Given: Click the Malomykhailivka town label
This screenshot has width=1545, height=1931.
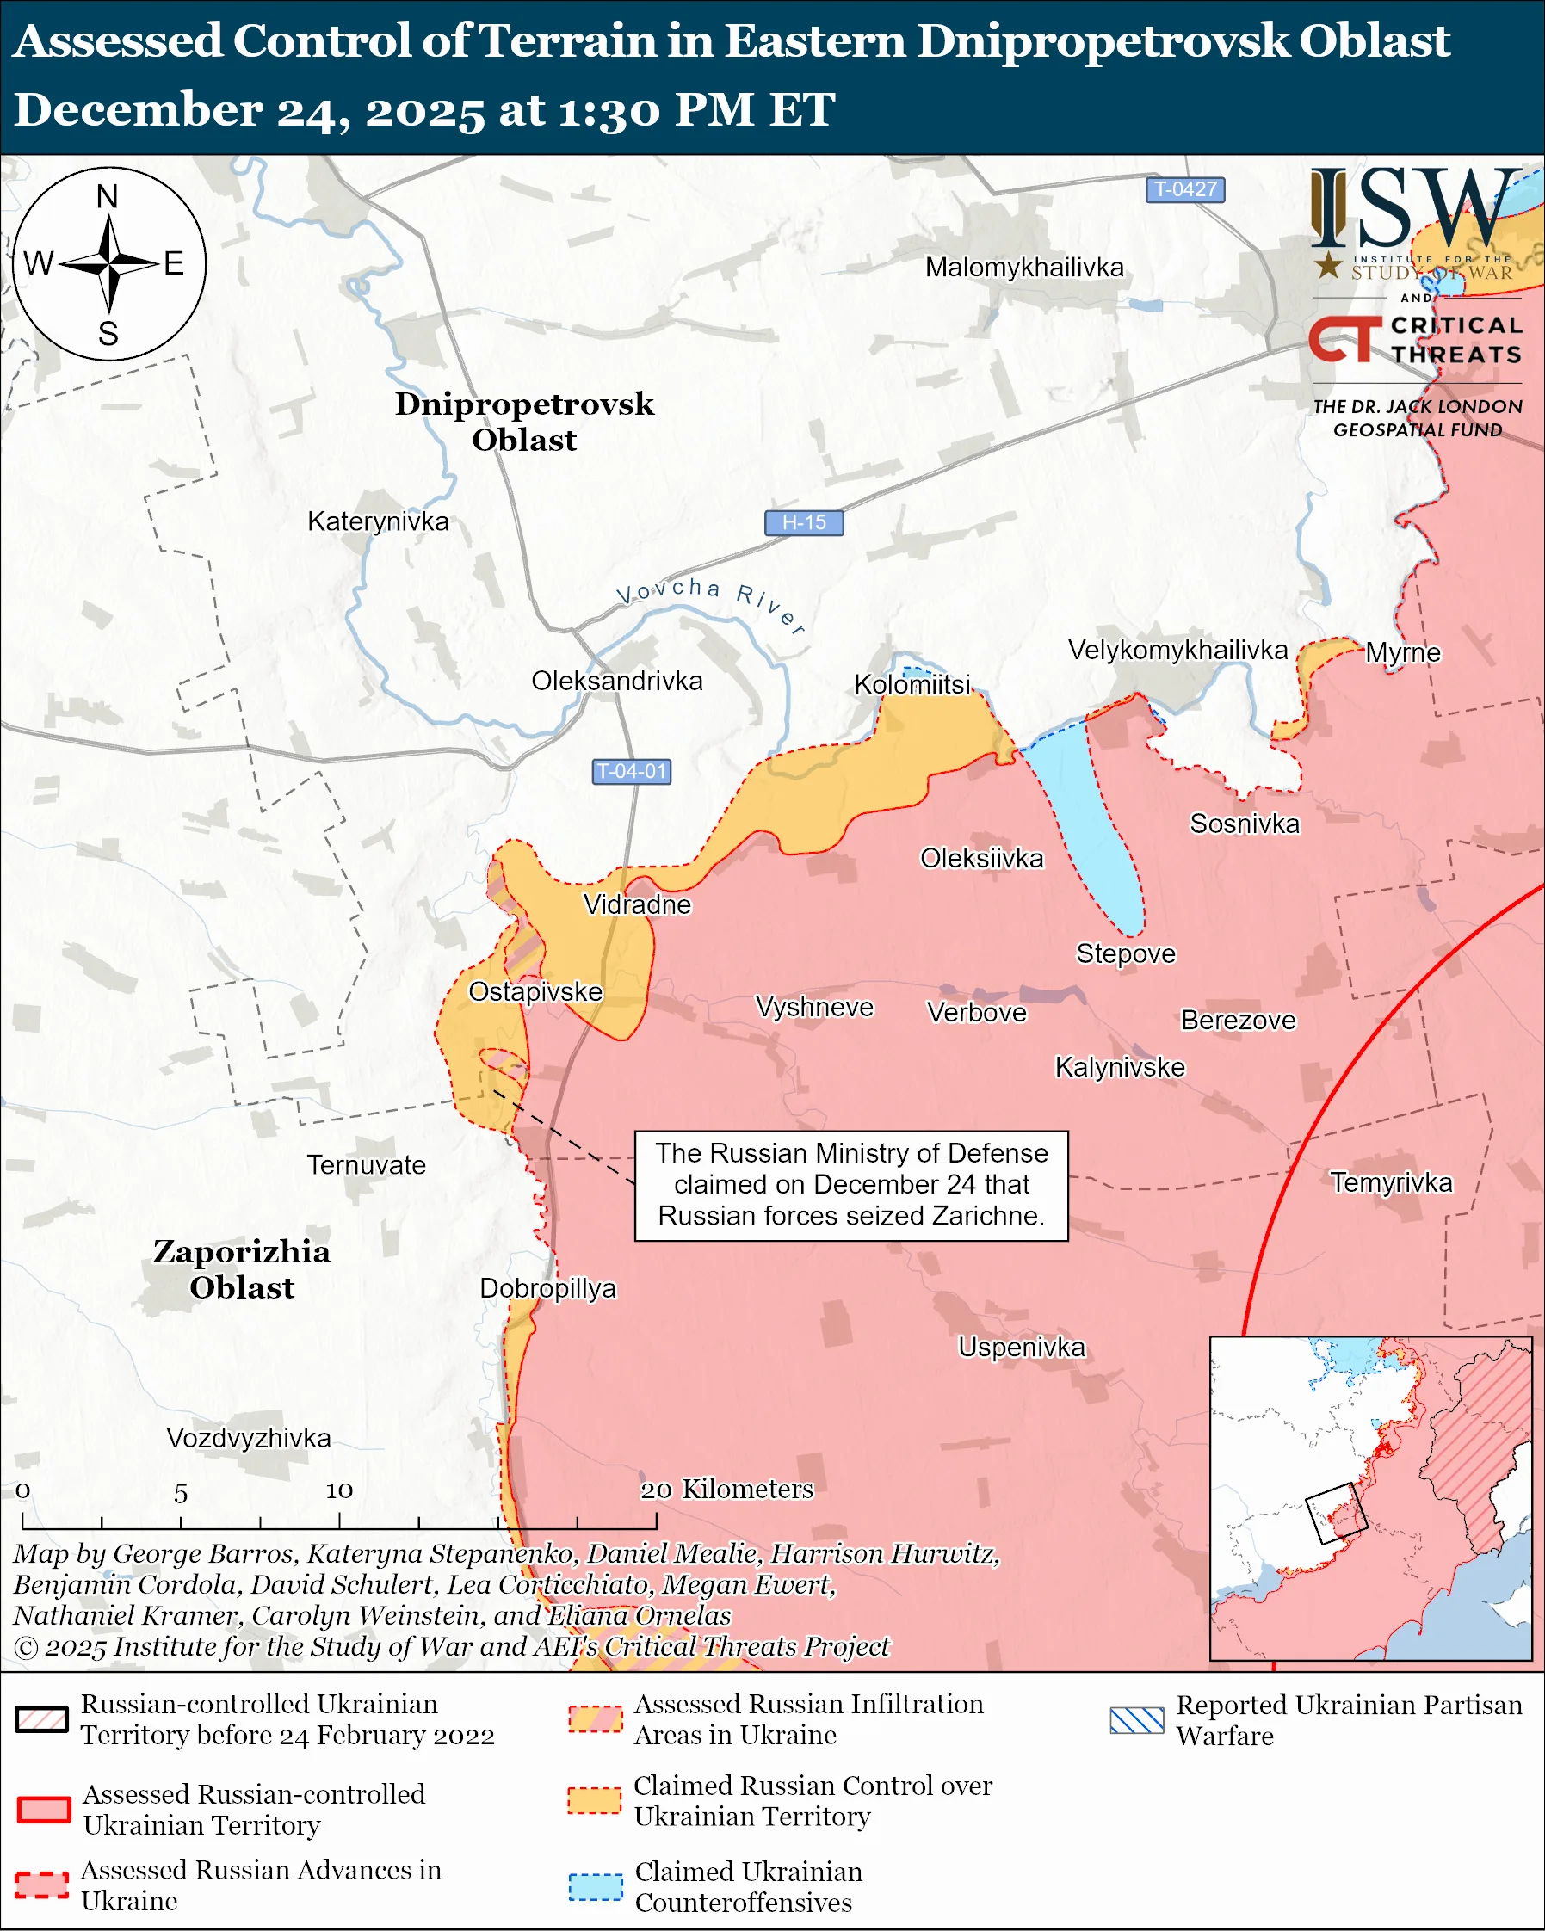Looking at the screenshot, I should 1023,267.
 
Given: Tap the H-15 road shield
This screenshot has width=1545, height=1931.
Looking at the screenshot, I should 803,522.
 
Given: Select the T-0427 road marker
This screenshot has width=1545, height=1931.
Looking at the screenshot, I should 1184,189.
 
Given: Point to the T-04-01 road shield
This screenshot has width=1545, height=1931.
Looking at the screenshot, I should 632,771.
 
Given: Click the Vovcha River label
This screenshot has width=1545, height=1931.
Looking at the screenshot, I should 711,602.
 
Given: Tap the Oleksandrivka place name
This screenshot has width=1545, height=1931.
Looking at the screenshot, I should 616,681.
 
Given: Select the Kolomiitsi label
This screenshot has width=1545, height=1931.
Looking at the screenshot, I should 912,684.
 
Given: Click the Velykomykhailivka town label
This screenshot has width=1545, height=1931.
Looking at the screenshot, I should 1177,650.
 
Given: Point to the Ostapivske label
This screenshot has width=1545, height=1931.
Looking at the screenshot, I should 535,991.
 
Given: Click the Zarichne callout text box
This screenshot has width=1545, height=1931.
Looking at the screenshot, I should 851,1185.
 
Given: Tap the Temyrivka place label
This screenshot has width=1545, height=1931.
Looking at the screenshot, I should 1390,1182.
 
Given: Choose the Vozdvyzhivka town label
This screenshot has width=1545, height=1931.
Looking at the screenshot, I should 248,1438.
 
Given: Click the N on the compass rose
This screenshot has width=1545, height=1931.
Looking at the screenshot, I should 108,196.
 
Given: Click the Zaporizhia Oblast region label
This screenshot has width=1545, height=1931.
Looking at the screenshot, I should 242,1268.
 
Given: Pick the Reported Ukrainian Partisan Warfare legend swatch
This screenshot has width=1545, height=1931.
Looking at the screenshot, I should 1135,1719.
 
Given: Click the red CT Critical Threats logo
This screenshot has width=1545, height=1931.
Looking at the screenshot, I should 1344,339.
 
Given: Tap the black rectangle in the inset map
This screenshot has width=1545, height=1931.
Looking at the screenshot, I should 1336,1514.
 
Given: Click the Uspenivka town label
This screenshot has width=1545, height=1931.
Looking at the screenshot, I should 1021,1346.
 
